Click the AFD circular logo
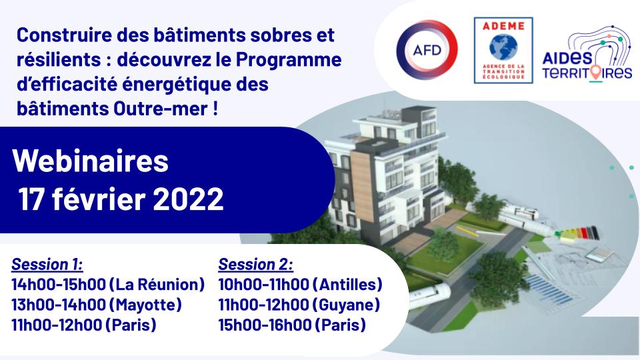(x=427, y=50)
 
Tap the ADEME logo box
(x=503, y=50)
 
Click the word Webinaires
(x=90, y=161)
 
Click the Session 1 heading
(x=47, y=264)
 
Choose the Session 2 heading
(x=255, y=264)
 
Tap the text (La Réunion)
(x=157, y=285)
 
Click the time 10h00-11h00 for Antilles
(x=263, y=285)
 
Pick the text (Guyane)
(x=346, y=305)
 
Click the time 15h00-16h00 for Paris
(x=265, y=325)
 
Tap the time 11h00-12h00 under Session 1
(x=57, y=325)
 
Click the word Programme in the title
(x=289, y=59)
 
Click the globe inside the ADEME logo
(x=503, y=46)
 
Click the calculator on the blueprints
(x=599, y=254)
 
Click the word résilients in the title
(x=59, y=59)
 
